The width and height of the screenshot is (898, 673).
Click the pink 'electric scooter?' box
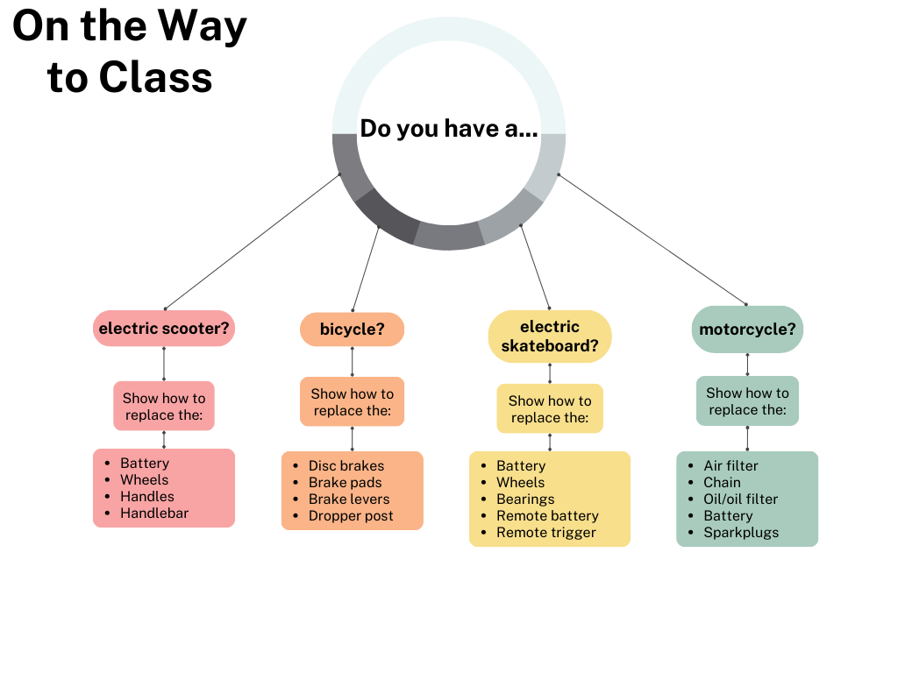pyautogui.click(x=164, y=329)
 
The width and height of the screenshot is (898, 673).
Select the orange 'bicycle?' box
pyautogui.click(x=352, y=329)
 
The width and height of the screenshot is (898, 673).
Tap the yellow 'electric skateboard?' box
pyautogui.click(x=550, y=336)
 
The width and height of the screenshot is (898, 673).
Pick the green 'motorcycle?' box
pyautogui.click(x=747, y=329)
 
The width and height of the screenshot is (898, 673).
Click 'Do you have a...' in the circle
pyautogui.click(x=449, y=129)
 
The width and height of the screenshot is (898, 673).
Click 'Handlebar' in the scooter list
pyautogui.click(x=154, y=513)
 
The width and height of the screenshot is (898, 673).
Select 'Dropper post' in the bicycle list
pyautogui.click(x=351, y=516)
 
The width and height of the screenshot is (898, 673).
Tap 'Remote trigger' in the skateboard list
pyautogui.click(x=545, y=532)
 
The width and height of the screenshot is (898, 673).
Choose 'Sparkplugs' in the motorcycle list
pyautogui.click(x=741, y=532)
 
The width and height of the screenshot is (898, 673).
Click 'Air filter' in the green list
pyautogui.click(x=731, y=465)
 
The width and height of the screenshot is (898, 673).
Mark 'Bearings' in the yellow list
pyautogui.click(x=525, y=499)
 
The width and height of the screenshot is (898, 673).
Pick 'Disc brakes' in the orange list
pyautogui.click(x=346, y=465)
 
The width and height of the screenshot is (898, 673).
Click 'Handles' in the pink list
pyautogui.click(x=147, y=496)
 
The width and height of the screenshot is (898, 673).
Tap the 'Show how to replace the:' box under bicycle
pyautogui.click(x=352, y=402)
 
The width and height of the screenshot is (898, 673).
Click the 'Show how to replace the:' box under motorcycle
pyautogui.click(x=747, y=401)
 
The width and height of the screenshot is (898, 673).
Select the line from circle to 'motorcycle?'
pyautogui.click(x=652, y=239)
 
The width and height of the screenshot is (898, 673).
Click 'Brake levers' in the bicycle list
pyautogui.click(x=349, y=499)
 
